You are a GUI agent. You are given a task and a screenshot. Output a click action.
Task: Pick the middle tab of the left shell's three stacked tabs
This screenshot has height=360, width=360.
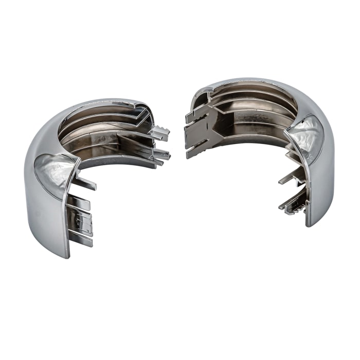81,221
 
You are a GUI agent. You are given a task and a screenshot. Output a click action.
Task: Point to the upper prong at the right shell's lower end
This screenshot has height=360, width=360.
289,177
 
